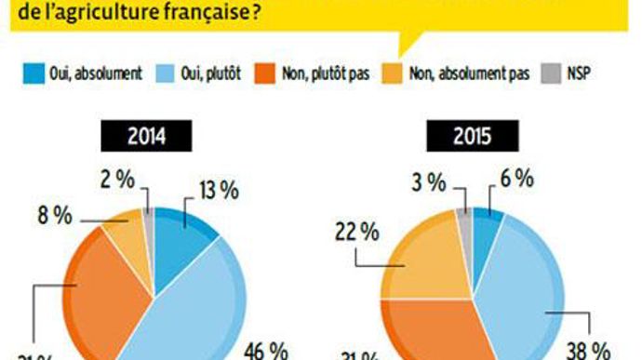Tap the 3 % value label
point(433,182)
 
